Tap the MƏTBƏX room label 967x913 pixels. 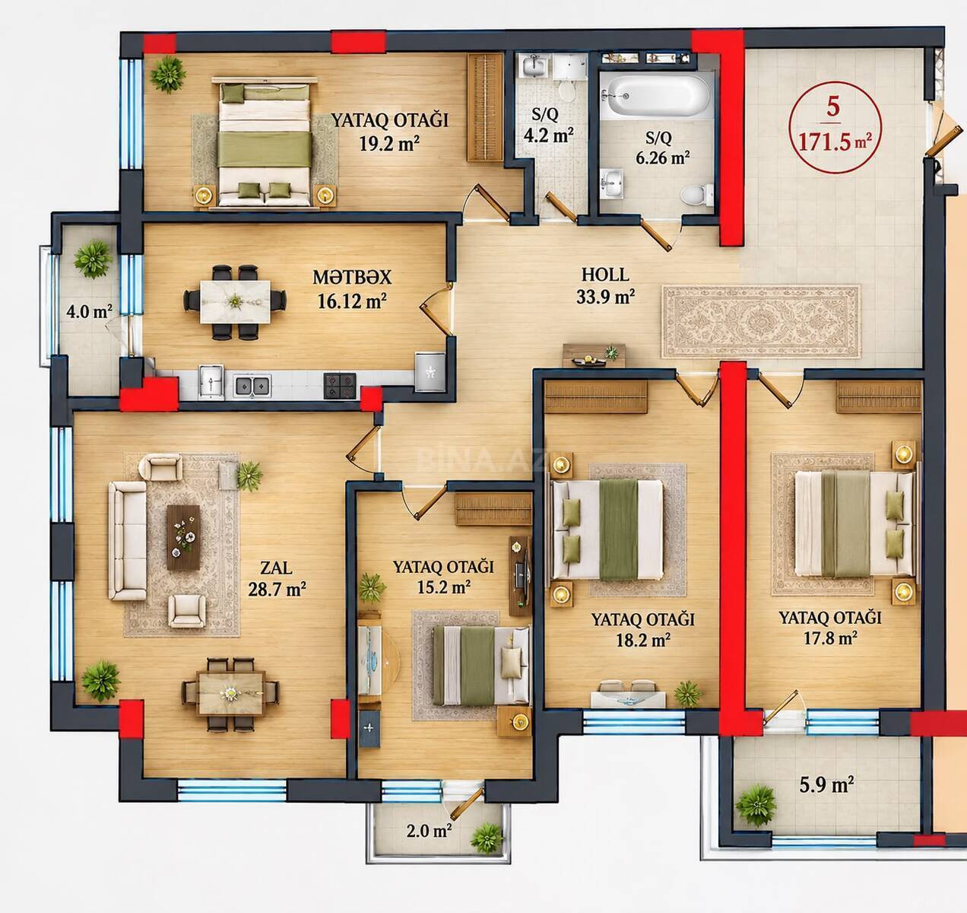351,278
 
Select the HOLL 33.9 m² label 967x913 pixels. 605,285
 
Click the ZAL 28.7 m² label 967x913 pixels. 277,578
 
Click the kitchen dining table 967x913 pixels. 235,302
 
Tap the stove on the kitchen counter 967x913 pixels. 339,386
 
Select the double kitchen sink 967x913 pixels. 252,386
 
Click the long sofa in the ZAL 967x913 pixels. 127,541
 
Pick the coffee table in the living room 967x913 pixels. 183,537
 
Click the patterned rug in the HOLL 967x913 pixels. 761,322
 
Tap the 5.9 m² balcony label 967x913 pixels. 826,785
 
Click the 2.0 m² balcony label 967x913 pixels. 429,830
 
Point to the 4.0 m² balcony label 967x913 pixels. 89,311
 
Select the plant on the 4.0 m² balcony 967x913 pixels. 93,259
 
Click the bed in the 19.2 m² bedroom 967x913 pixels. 265,145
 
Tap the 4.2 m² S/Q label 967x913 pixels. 548,125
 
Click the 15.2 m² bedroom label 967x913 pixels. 443,577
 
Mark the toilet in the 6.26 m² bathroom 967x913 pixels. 697,195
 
